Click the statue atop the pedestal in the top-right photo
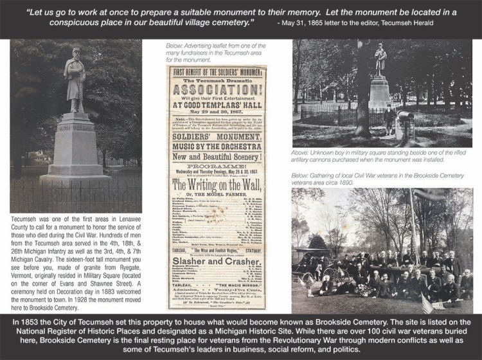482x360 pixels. pyautogui.click(x=381, y=62)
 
